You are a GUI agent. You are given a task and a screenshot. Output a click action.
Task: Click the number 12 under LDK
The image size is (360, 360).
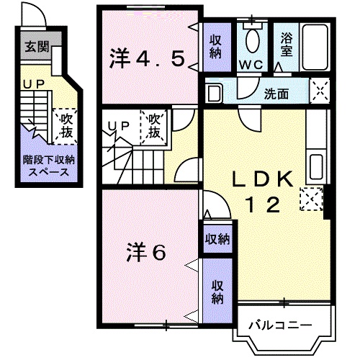(264, 205)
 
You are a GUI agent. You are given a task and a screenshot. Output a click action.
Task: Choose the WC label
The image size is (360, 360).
(252, 63)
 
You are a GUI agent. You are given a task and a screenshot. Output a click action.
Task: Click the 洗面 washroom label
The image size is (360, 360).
(276, 93)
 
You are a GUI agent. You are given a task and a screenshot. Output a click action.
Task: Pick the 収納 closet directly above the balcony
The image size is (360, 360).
(217, 292)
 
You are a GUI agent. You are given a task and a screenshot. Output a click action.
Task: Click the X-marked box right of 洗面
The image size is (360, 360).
(318, 91)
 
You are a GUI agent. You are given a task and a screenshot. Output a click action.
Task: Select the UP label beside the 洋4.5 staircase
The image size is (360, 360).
(118, 127)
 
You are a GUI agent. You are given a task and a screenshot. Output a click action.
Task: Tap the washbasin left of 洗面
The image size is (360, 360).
(212, 93)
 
